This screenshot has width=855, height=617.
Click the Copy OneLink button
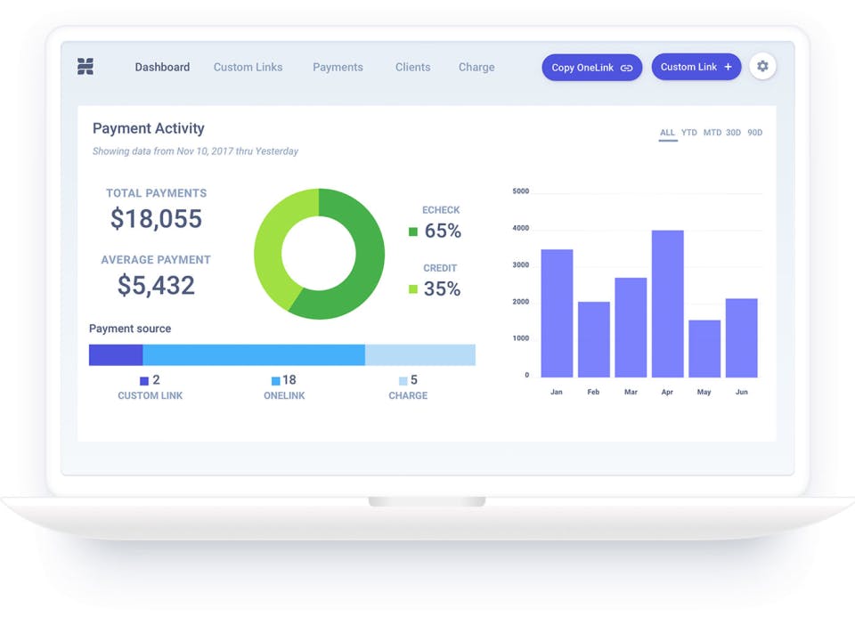pyautogui.click(x=591, y=68)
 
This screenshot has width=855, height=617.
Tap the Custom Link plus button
pyautogui.click(x=696, y=67)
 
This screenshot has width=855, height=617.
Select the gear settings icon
pyautogui.click(x=762, y=67)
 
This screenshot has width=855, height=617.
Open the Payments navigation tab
pyautogui.click(x=338, y=67)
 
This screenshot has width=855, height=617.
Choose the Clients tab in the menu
pyautogui.click(x=412, y=67)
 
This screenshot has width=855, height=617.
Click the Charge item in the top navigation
pyautogui.click(x=476, y=67)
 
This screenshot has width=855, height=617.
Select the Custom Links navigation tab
pyautogui.click(x=248, y=67)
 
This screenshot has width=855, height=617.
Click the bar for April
pyautogui.click(x=667, y=304)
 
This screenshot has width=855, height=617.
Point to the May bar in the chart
pyautogui.click(x=704, y=349)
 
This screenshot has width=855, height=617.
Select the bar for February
pyautogui.click(x=594, y=339)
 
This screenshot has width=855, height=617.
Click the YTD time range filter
pyautogui.click(x=689, y=133)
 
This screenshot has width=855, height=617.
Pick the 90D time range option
pyautogui.click(x=755, y=133)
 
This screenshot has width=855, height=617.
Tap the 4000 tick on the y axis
pyautogui.click(x=521, y=228)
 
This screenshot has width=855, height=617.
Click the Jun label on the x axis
pyautogui.click(x=742, y=392)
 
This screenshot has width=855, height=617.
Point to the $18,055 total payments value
pyautogui.click(x=157, y=218)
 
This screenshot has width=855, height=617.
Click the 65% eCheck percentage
pyautogui.click(x=443, y=231)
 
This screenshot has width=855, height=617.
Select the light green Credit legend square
pyautogui.click(x=413, y=288)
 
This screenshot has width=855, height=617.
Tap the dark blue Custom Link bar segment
pyautogui.click(x=116, y=355)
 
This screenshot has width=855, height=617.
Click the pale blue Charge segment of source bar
pyautogui.click(x=420, y=355)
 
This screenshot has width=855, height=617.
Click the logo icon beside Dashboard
pyautogui.click(x=85, y=67)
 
